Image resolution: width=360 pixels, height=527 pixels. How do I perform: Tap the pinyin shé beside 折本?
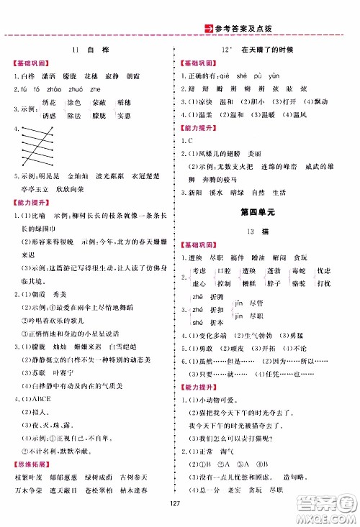pyautogui.click(x=197, y=322)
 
